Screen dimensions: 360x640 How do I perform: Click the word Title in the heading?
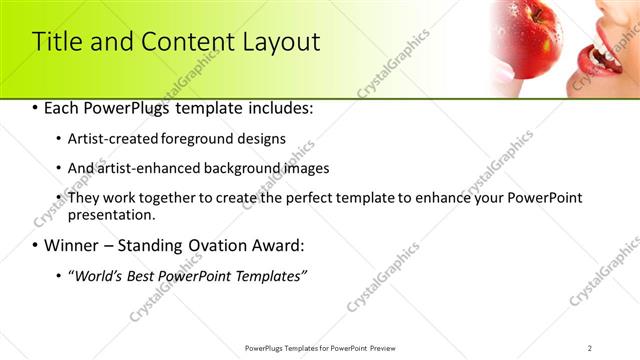57,43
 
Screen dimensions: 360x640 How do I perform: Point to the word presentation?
111,214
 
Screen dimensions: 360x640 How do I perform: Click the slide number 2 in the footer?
590,348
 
